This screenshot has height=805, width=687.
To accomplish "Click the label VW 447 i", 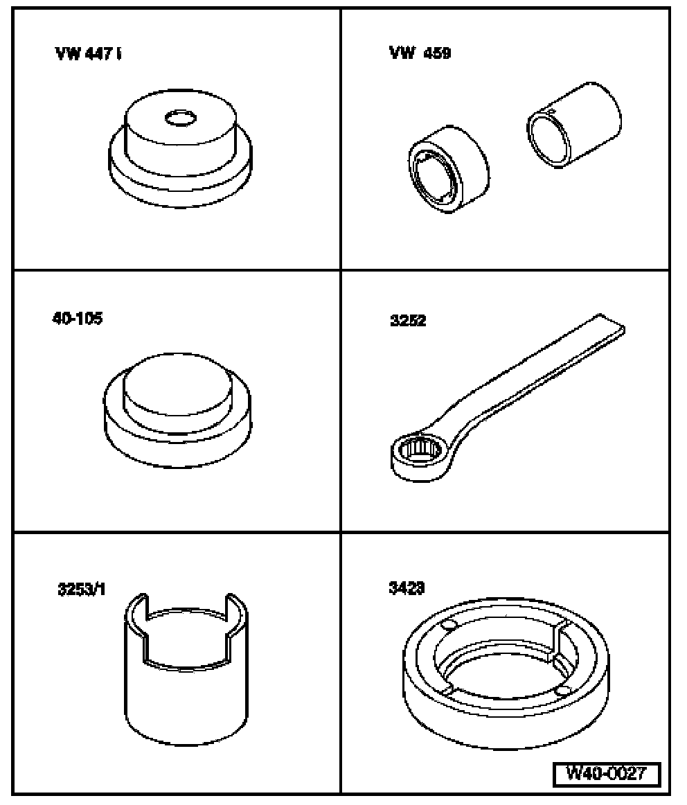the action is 88,53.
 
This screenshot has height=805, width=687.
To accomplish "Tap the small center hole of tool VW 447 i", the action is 181,118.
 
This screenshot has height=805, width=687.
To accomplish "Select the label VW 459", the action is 420,53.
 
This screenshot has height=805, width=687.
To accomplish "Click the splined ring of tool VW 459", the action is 449,169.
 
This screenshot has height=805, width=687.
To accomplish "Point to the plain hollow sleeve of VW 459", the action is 573,126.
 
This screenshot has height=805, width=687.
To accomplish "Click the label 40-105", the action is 78,318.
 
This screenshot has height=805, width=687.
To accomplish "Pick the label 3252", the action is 408,321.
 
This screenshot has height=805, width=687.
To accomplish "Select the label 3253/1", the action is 82,589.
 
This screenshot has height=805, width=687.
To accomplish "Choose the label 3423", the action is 407,588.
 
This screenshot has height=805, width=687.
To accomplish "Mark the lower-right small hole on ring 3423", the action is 562,691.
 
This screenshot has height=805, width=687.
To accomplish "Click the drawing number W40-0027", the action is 607,773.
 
